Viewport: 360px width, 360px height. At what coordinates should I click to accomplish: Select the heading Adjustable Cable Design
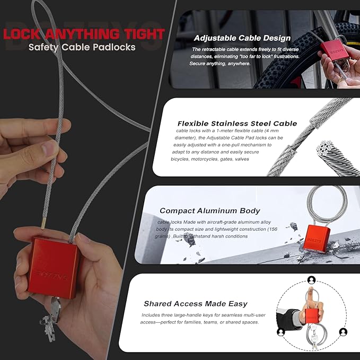click(x=242, y=38)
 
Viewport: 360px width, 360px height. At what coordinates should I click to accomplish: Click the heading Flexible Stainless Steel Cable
click(x=237, y=123)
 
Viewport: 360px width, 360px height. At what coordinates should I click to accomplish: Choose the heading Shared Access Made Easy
click(x=195, y=304)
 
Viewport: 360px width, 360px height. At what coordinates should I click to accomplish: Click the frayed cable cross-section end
click(x=330, y=154)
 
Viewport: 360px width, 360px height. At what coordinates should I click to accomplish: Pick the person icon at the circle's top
click(x=310, y=279)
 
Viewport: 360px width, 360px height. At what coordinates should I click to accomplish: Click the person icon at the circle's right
click(x=343, y=332)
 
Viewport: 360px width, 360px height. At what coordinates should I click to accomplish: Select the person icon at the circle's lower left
click(x=280, y=332)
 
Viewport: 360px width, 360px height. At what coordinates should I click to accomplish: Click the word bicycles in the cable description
click(x=184, y=158)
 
